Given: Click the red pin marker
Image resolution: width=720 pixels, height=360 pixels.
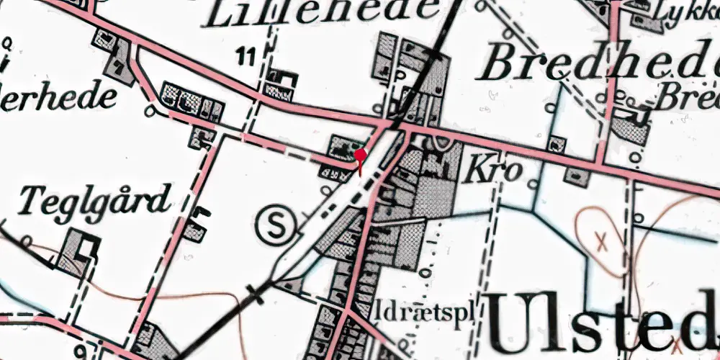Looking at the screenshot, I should (360, 155).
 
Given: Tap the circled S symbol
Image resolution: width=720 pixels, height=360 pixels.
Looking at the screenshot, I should (276, 224).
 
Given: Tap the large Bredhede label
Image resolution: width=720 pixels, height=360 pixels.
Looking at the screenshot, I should (601, 65).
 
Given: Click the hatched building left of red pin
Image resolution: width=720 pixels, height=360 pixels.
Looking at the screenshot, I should (340, 148).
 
